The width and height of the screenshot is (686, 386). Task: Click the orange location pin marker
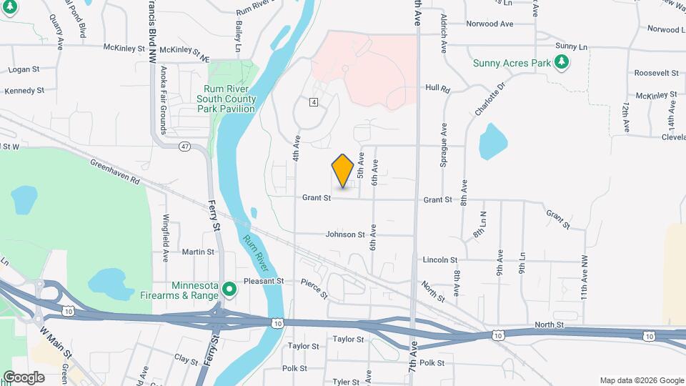click(343, 170)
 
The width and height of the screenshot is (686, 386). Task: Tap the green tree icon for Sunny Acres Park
click(562, 63)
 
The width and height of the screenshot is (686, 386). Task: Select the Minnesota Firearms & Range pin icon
click(229, 289)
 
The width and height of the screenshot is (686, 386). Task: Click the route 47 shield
click(185, 146)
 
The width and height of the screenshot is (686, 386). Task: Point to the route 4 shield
click(314, 102)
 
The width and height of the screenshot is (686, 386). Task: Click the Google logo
click(24, 377)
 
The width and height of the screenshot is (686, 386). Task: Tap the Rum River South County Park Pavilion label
click(226, 99)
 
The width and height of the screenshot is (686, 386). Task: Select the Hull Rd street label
click(437, 89)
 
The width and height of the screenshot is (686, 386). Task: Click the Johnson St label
click(345, 234)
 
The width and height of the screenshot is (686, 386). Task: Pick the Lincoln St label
click(439, 259)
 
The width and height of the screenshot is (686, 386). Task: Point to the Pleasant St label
click(264, 281)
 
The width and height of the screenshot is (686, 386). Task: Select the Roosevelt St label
click(655, 73)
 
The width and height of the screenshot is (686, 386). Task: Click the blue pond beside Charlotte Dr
click(492, 142)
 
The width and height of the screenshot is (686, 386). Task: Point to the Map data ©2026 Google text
click(641, 380)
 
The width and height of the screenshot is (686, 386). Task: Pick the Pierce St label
click(314, 288)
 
